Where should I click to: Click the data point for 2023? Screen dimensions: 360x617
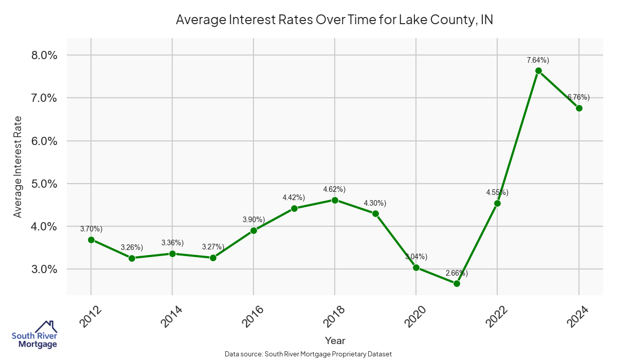538,71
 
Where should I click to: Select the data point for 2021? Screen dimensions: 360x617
457,283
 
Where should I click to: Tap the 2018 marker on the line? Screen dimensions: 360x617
335,200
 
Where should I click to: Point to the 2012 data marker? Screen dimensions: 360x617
91,240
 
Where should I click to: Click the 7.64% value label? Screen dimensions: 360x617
538,60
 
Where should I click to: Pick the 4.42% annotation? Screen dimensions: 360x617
294,197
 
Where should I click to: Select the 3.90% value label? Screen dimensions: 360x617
253,220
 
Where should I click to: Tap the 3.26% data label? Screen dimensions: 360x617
132,247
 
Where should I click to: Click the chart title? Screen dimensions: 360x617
335,20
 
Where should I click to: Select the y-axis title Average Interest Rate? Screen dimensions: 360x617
18,167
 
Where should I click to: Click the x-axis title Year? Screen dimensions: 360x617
335,340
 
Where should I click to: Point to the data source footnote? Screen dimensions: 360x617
308,354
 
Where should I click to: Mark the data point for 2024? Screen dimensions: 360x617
579,108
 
